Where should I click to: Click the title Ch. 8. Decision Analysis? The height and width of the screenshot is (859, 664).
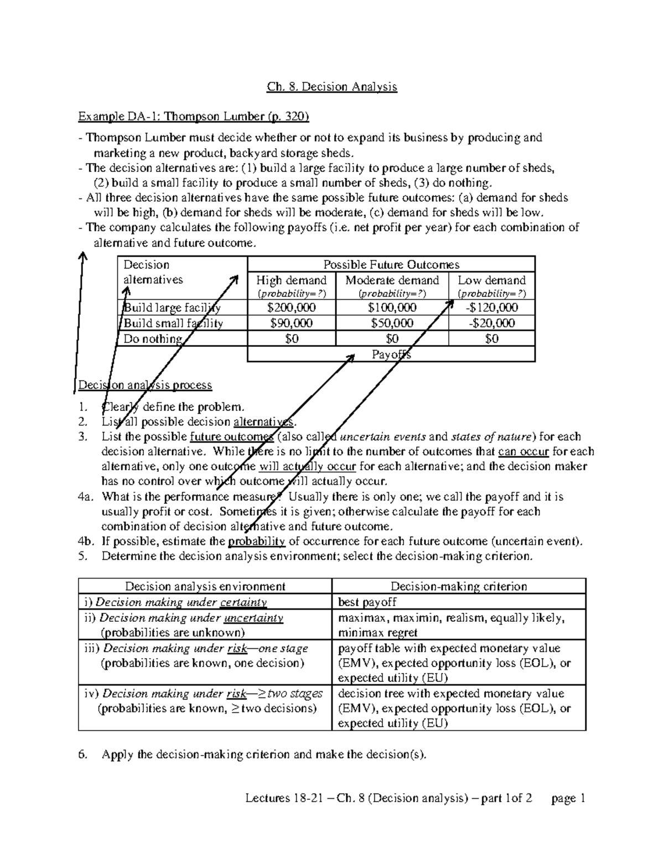332,87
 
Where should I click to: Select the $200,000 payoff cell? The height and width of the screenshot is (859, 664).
291,308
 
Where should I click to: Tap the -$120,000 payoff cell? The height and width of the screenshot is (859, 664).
491,308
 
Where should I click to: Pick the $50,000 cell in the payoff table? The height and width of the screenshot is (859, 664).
392,323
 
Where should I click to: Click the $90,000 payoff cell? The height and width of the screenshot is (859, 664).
291,323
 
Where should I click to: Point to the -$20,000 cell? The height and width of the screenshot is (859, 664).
491,323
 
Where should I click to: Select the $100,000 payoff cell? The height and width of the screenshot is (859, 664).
392,308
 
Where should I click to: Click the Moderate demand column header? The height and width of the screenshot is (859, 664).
392,280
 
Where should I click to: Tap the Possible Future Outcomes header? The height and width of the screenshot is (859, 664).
391,264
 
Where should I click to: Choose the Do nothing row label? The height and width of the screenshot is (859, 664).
153,339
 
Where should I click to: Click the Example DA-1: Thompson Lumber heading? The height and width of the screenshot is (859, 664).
194,117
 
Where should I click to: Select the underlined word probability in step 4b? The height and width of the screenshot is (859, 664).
256,542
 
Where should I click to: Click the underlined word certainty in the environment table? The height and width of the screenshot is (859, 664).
243,602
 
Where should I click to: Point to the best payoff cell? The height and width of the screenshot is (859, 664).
367,602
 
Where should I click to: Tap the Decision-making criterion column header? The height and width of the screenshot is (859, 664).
459,586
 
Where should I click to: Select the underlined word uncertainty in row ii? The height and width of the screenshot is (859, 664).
255,618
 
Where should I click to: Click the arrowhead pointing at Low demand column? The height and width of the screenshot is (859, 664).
447,304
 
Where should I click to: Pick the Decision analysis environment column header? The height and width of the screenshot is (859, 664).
205,586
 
